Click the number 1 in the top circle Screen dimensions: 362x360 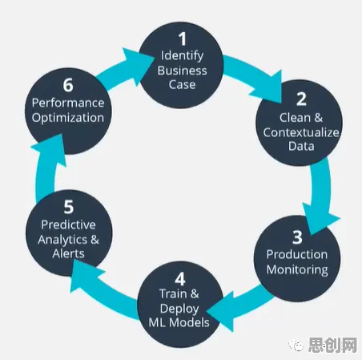click(x=183, y=39)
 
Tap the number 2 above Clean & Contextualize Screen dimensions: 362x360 click(x=302, y=99)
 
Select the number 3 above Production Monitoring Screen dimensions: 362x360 click(x=297, y=237)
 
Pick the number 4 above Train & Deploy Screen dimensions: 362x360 click(x=180, y=279)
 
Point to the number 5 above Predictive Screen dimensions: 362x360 click(x=68, y=207)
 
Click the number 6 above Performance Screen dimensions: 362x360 click(x=68, y=85)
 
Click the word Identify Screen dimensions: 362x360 click(x=182, y=56)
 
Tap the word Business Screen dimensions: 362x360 click(x=182, y=71)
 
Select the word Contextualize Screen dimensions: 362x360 click(x=301, y=132)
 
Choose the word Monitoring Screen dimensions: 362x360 click(x=297, y=270)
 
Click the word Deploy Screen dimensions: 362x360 click(x=179, y=309)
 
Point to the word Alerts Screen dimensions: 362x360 click(x=68, y=253)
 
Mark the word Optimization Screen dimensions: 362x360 click(x=68, y=118)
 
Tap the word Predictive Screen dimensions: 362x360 click(x=68, y=224)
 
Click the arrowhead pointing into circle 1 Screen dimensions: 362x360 click(x=139, y=65)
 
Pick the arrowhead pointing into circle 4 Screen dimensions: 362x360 click(x=221, y=311)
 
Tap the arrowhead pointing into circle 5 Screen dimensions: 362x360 click(x=84, y=274)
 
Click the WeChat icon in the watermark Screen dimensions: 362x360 click(x=296, y=345)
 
